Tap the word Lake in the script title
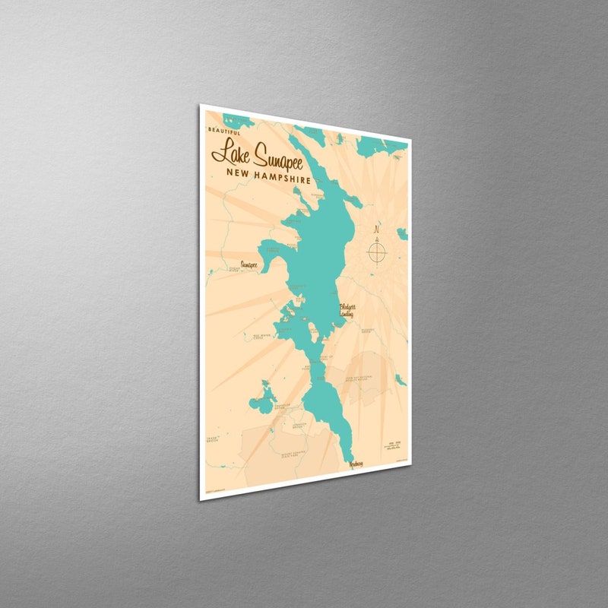click(228, 152)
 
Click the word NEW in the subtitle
click(236, 173)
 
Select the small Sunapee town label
click(248, 265)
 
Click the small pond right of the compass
click(401, 233)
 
